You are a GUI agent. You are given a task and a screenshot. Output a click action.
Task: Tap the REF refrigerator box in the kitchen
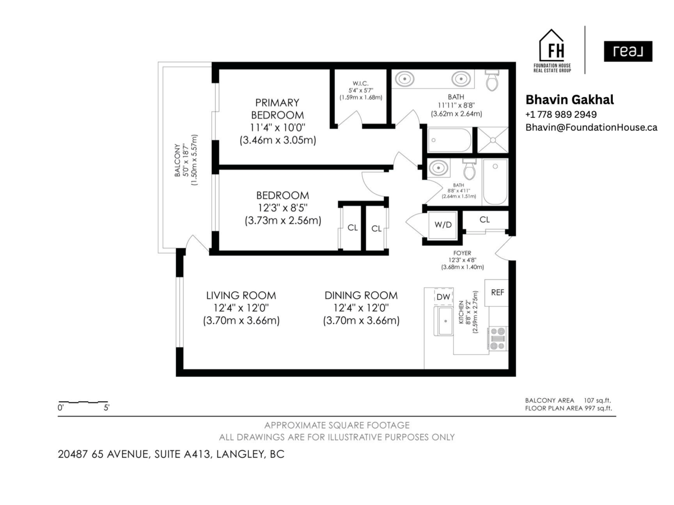(x=497, y=293)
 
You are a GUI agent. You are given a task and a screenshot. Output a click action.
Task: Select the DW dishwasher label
(x=443, y=297)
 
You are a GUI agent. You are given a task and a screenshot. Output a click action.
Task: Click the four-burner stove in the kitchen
(x=498, y=339)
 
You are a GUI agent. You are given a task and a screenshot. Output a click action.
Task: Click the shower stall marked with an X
(x=492, y=140)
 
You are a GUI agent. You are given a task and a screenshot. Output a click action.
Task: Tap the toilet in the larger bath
(x=492, y=81)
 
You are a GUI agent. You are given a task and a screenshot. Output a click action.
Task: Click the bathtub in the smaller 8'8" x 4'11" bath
(x=495, y=181)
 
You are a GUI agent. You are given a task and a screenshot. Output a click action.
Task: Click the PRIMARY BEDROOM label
(x=277, y=108)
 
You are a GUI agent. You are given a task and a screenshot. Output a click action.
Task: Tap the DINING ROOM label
(x=361, y=295)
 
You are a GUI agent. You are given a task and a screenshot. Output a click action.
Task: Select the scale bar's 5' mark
(x=107, y=409)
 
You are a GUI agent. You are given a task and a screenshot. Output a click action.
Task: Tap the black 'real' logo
(x=629, y=52)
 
